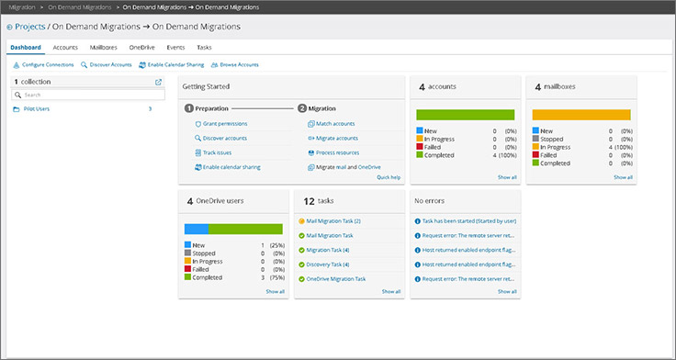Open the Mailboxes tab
tap(103, 46)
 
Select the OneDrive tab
tap(141, 46)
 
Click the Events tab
tap(175, 46)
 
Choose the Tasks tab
tap(204, 46)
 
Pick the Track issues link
tap(217, 152)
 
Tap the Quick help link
tap(389, 177)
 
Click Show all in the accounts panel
tap(507, 177)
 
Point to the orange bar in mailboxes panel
tap(581, 115)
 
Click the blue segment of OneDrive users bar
tap(197, 229)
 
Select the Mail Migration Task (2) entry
tap(332, 221)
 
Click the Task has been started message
tap(468, 221)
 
